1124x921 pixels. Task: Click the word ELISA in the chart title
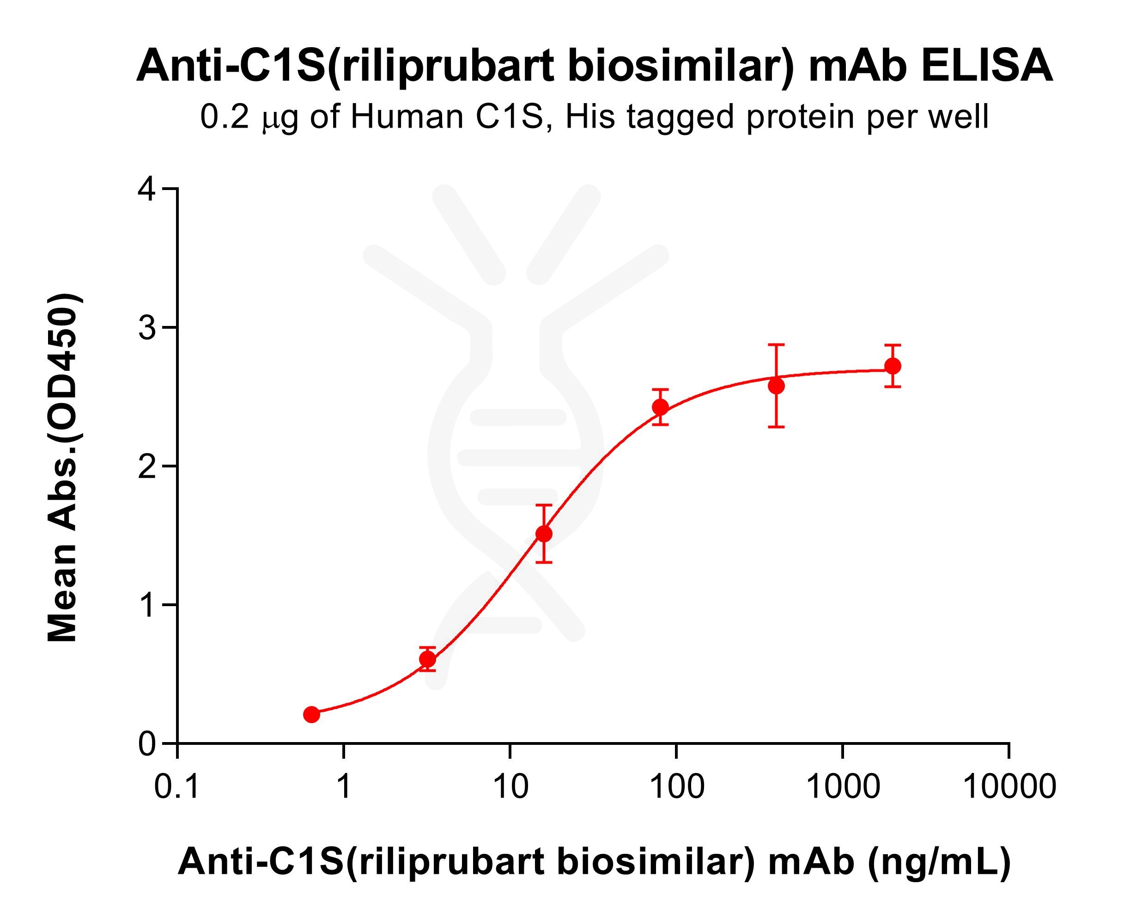(x=987, y=66)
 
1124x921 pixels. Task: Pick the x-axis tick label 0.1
(x=176, y=786)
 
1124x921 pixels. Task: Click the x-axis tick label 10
(x=510, y=786)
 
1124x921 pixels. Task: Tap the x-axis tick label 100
(x=676, y=786)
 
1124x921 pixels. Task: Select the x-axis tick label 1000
(x=843, y=786)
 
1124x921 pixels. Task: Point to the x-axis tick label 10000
(x=1009, y=786)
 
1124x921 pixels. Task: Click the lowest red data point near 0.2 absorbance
(x=312, y=715)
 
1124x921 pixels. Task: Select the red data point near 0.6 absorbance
(x=427, y=659)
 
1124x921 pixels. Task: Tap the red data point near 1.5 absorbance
(x=544, y=534)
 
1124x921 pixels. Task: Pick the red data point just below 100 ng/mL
(x=660, y=407)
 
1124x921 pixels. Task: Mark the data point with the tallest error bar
(x=776, y=386)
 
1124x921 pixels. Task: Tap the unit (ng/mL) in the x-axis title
(x=938, y=861)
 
